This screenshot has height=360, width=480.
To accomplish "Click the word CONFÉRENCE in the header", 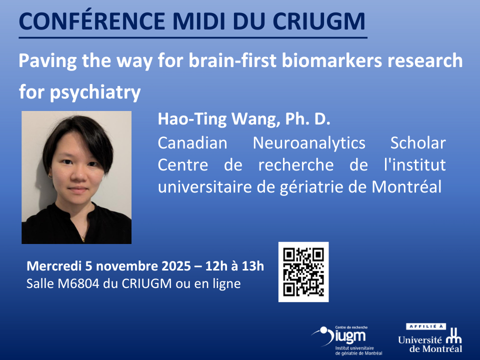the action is click(92, 21).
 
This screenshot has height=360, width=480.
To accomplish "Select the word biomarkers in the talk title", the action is click(332, 60).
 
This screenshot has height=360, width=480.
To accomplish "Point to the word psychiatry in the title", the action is click(95, 92).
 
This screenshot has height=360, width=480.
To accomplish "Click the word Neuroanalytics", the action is click(309, 143).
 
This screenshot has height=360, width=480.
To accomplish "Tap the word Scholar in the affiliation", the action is click(418, 143).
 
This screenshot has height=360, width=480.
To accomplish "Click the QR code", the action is click(303, 272).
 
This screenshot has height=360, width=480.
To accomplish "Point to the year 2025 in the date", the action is click(176, 266).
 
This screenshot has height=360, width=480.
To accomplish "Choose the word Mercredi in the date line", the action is click(54, 266).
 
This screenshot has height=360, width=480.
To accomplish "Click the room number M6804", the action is click(78, 283).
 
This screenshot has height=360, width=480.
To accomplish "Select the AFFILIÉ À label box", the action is click(426, 326).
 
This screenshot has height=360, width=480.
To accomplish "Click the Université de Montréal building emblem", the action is click(453, 336).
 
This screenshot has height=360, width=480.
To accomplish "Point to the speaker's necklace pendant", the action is click(83, 239).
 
